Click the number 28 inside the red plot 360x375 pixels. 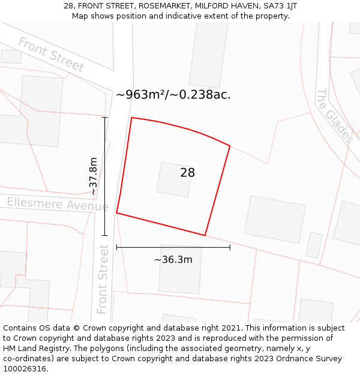[x=187, y=173]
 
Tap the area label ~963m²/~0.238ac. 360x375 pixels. [x=173, y=95]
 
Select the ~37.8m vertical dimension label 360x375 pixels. [x=93, y=176]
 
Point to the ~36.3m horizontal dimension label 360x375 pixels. [x=173, y=260]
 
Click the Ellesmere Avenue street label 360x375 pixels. [x=58, y=204]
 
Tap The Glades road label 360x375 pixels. [x=335, y=116]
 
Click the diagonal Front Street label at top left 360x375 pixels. [x=51, y=55]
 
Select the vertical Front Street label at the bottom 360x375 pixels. [x=103, y=278]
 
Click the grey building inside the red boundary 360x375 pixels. [x=175, y=179]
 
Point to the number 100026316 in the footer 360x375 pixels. [x=26, y=368]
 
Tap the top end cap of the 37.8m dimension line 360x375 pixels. [x=105, y=118]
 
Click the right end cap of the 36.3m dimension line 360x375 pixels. [x=230, y=247]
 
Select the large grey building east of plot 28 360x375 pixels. [x=275, y=219]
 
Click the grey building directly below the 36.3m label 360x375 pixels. [x=180, y=269]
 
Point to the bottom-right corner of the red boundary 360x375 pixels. [x=205, y=235]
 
